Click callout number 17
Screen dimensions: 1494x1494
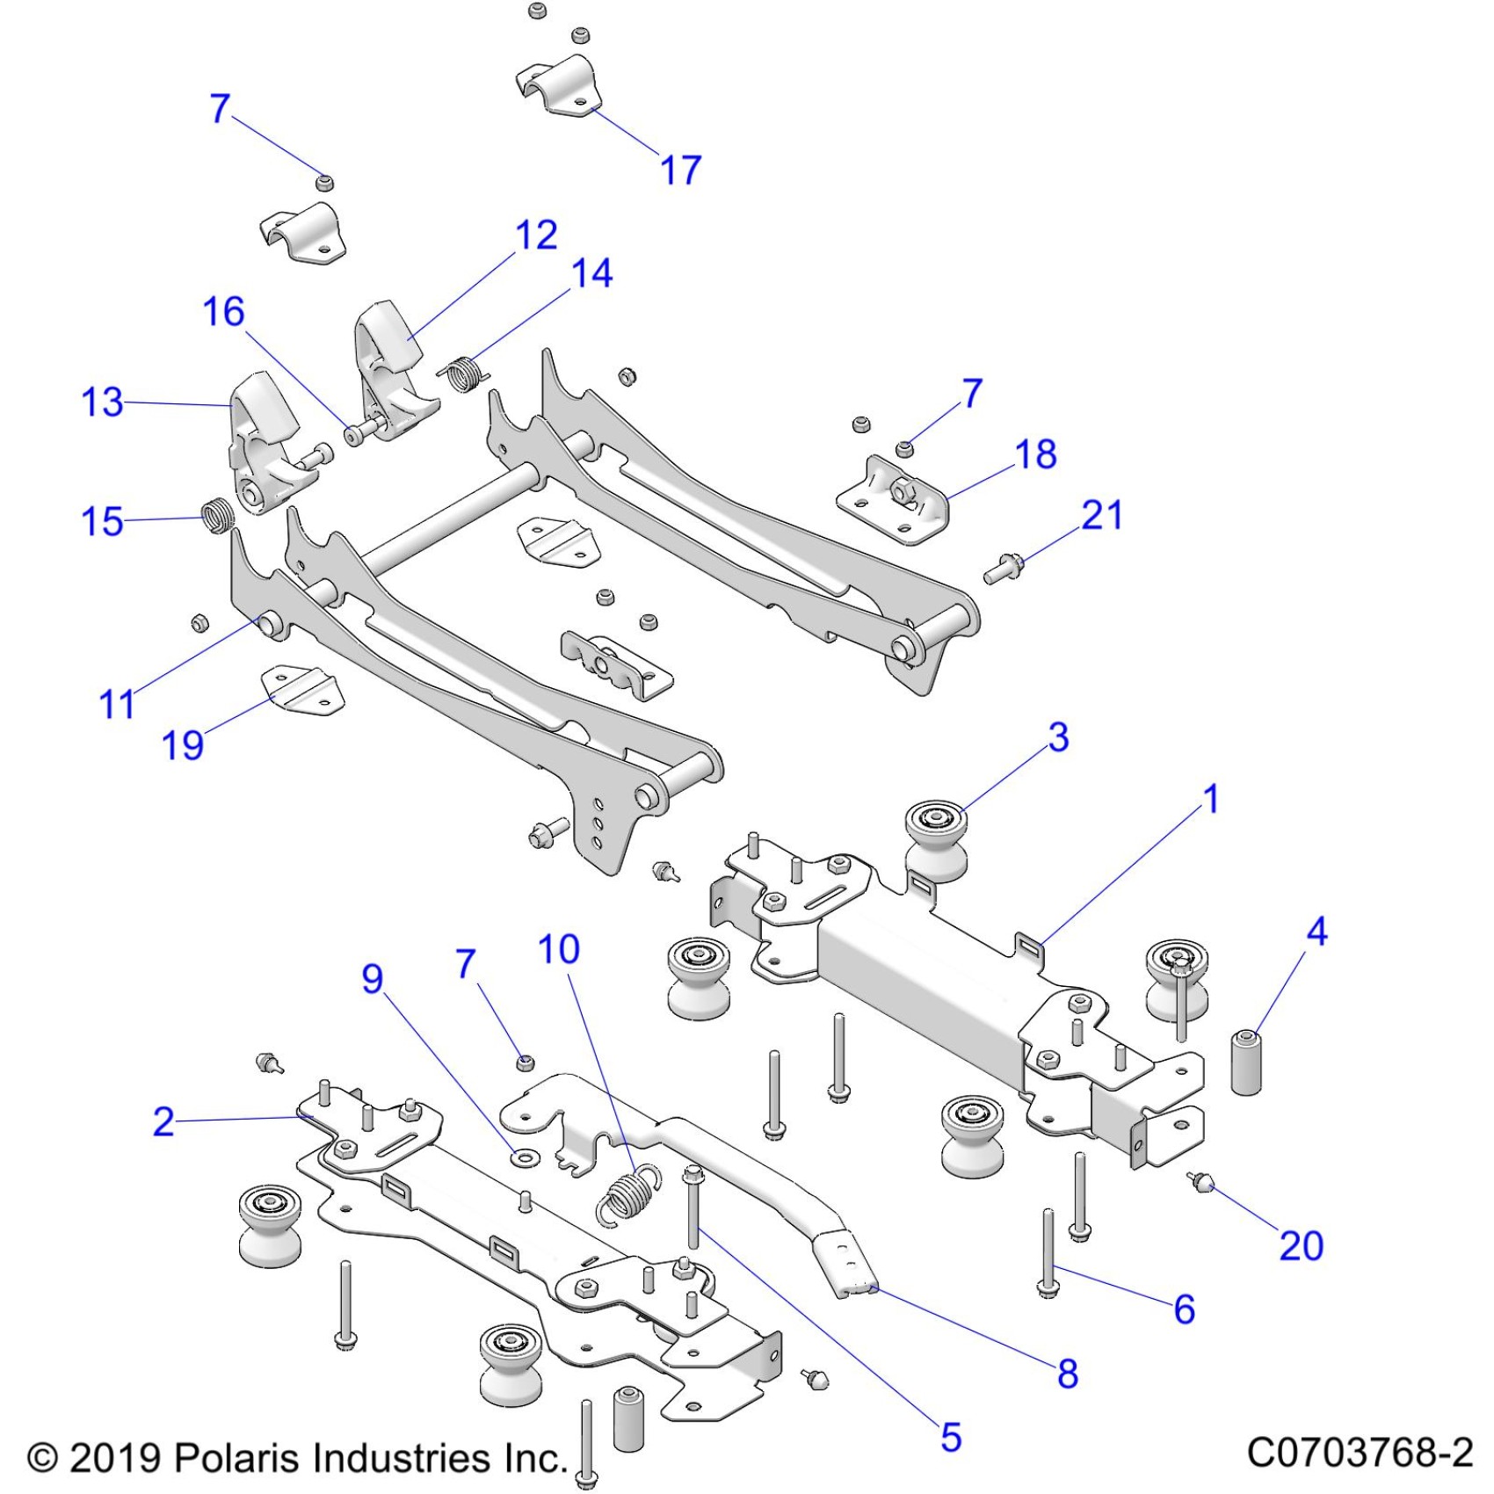680,170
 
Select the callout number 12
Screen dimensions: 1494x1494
536,236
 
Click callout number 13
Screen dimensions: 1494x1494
102,403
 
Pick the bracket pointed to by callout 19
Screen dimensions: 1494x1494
301,690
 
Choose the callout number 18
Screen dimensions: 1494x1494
1035,454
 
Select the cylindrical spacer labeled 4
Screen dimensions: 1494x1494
1246,1063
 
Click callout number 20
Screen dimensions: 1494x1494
1301,1245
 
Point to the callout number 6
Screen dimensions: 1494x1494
1184,1309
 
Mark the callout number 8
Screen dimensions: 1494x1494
1068,1374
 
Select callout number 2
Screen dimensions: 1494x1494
163,1122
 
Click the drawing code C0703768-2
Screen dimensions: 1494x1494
1359,1453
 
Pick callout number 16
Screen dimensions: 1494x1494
223,312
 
